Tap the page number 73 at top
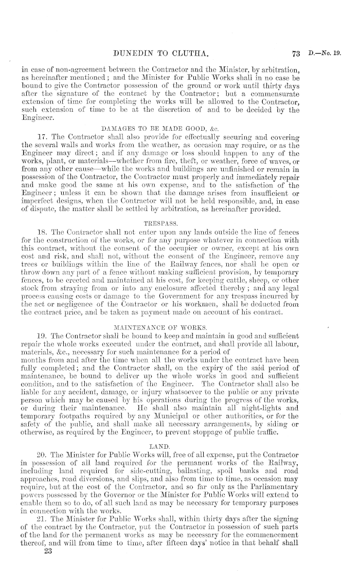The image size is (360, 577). (295, 38)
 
